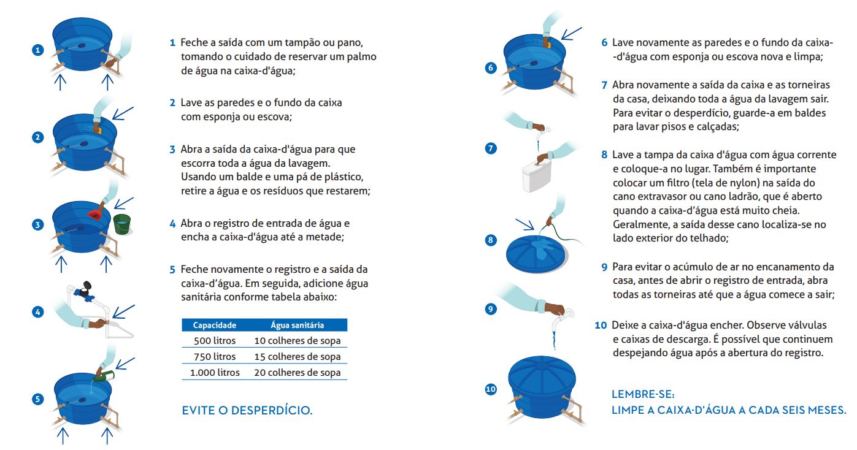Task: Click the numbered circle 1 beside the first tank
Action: pyautogui.click(x=38, y=50)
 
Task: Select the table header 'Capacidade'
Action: pyautogui.click(x=215, y=325)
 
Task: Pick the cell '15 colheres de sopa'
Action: pyautogui.click(x=297, y=356)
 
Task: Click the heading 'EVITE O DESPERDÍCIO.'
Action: pyautogui.click(x=247, y=411)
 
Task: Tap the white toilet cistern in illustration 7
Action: pyautogui.click(x=535, y=176)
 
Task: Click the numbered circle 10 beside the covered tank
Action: pyautogui.click(x=490, y=389)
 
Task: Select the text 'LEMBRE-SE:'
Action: pyautogui.click(x=642, y=394)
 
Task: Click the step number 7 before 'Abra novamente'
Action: pyautogui.click(x=604, y=85)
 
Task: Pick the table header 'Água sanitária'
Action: pyautogui.click(x=297, y=325)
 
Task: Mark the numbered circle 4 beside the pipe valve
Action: pyautogui.click(x=38, y=311)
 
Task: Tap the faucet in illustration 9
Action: pyautogui.click(x=565, y=314)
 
